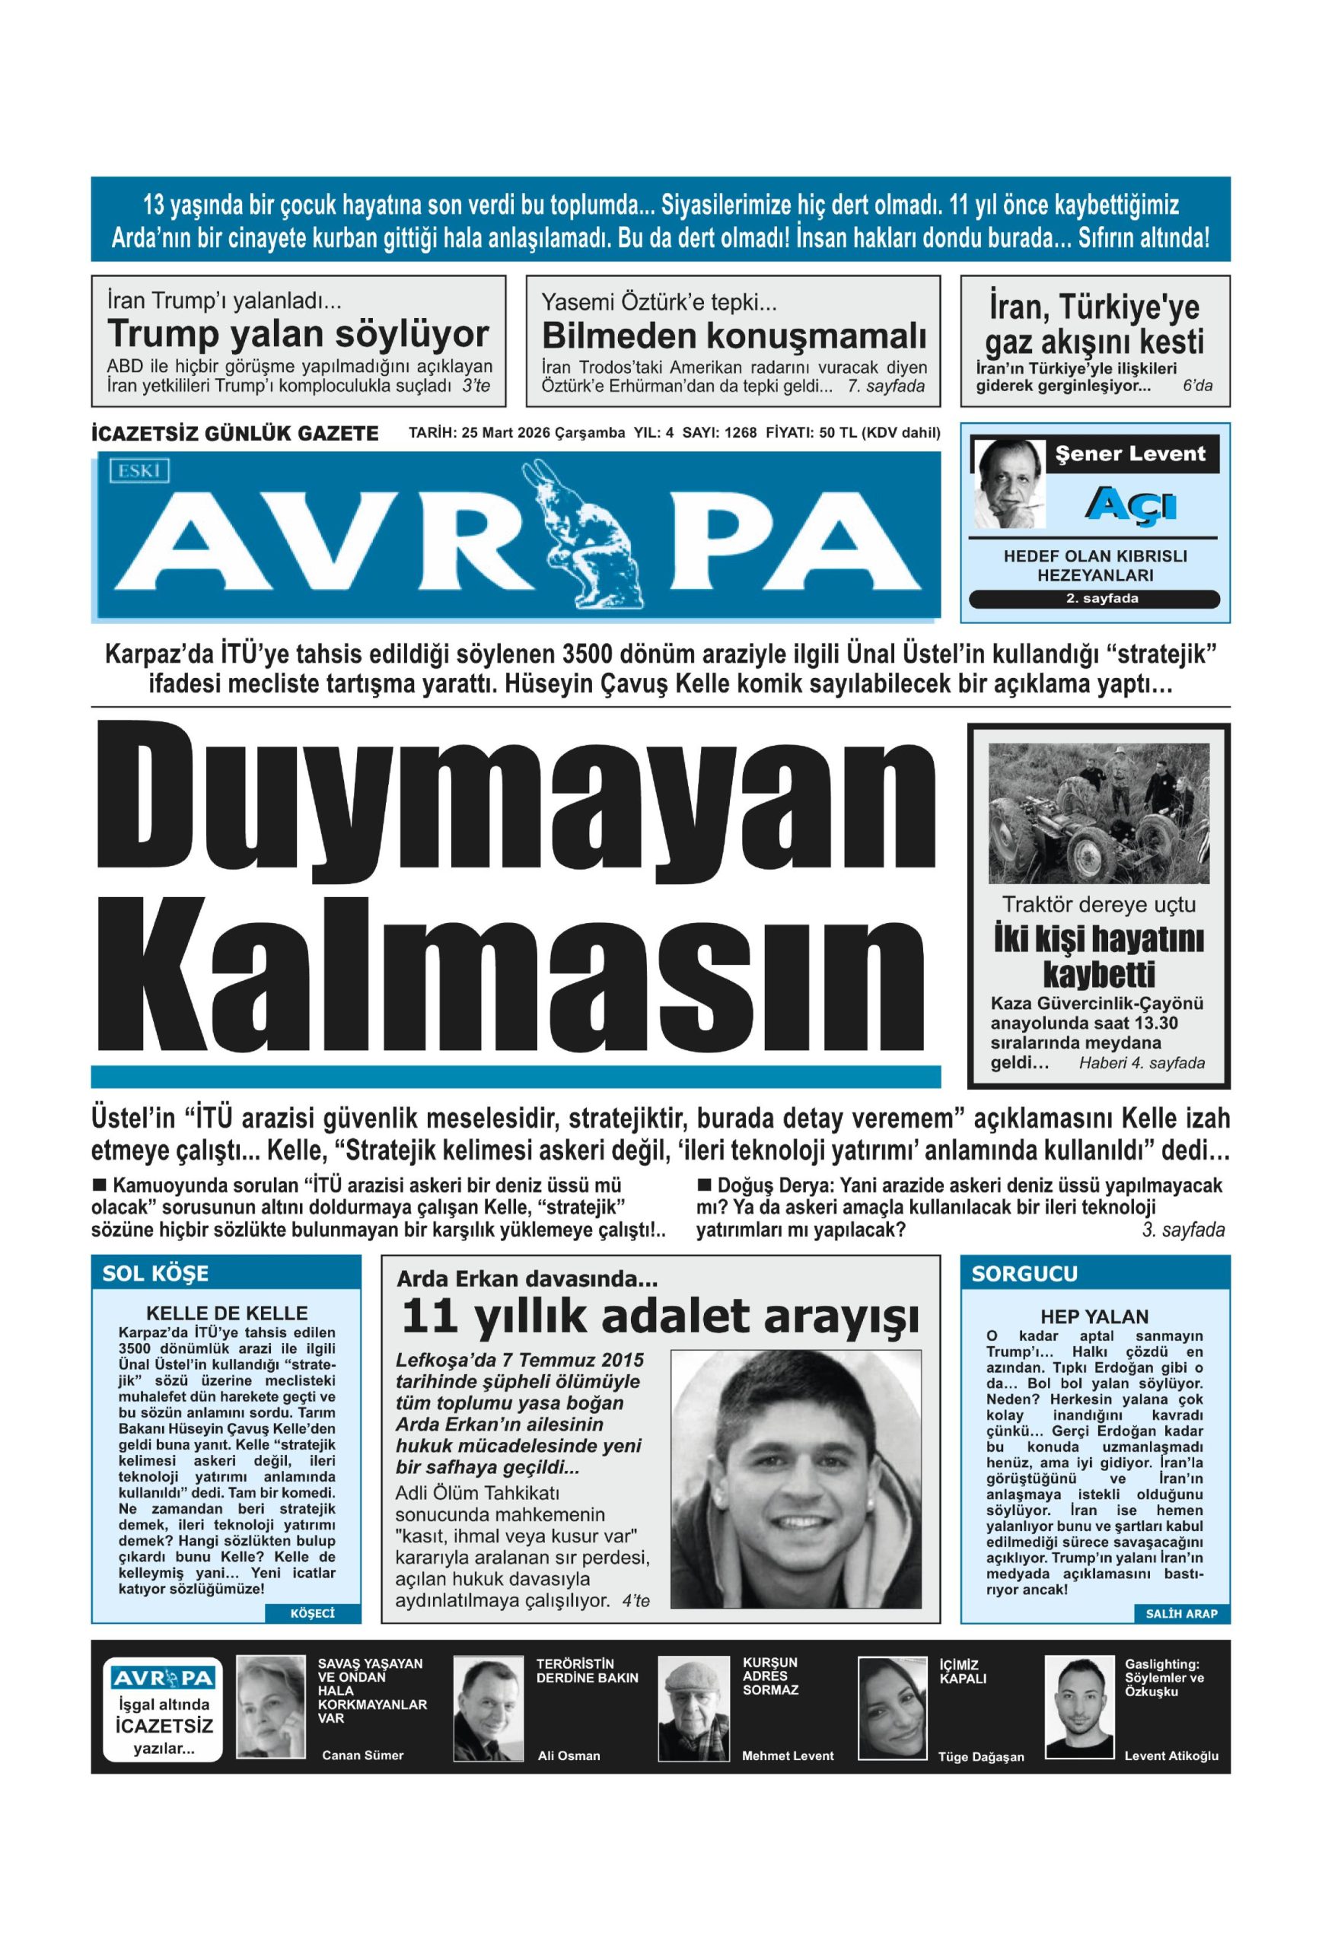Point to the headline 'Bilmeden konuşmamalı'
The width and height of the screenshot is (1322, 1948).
pyautogui.click(x=734, y=336)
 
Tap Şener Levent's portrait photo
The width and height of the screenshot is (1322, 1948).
pyautogui.click(x=1008, y=484)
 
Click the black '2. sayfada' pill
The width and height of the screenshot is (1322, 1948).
pyautogui.click(x=1094, y=599)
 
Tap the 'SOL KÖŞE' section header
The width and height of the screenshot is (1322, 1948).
pyautogui.click(x=156, y=1273)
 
